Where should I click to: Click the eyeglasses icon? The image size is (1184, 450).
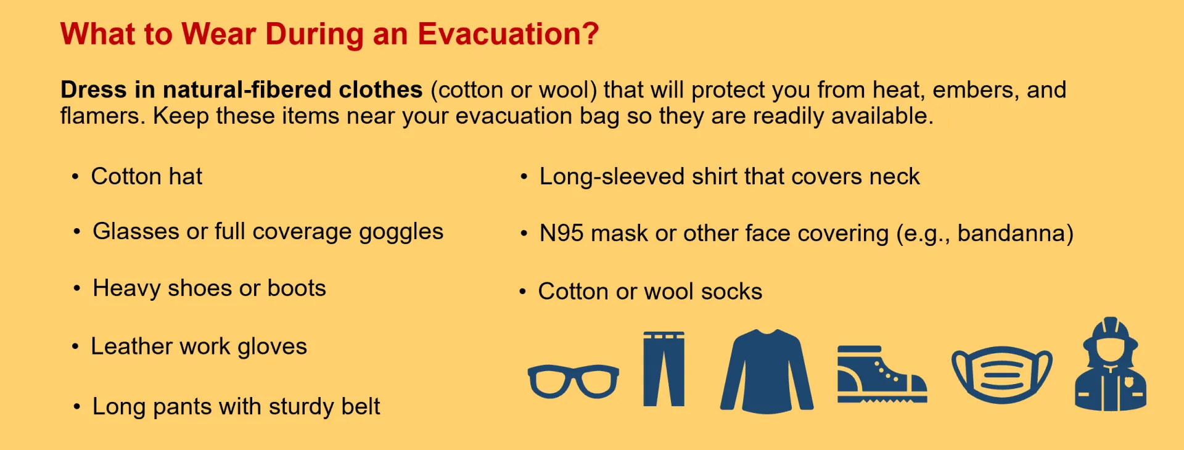pyautogui.click(x=573, y=380)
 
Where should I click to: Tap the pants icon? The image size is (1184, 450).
pyautogui.click(x=664, y=369)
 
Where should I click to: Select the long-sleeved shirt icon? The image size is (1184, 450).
pyautogui.click(x=767, y=371)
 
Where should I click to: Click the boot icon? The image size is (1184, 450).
pyautogui.click(x=881, y=375)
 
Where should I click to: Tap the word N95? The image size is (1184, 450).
pyautogui.click(x=561, y=234)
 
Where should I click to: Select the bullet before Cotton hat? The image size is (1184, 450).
pyautogui.click(x=75, y=178)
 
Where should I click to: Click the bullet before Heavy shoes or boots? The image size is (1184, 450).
pyautogui.click(x=77, y=289)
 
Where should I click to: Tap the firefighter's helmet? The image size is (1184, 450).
pyautogui.click(x=1111, y=332)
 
